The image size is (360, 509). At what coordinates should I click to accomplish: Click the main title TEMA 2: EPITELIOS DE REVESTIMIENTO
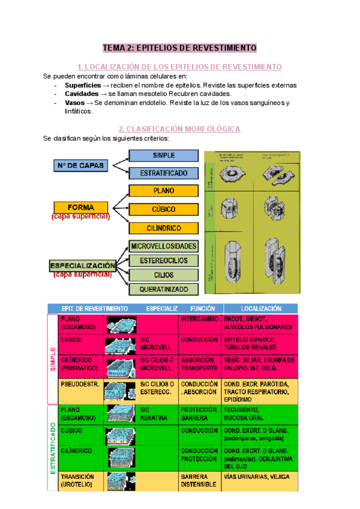179,47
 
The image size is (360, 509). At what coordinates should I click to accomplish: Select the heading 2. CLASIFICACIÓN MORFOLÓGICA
179,128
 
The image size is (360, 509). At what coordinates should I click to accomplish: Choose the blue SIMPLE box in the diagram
164,155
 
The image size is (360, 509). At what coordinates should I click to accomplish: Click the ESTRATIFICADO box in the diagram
164,173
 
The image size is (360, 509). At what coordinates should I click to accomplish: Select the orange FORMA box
81,208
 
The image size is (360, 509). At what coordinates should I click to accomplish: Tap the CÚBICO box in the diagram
164,209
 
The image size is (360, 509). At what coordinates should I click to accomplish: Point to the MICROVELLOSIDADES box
164,247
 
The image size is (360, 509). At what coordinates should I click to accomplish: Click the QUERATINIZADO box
164,289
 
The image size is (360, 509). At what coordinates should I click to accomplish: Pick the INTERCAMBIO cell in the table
199,319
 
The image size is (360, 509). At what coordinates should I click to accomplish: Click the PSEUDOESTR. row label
76,384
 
